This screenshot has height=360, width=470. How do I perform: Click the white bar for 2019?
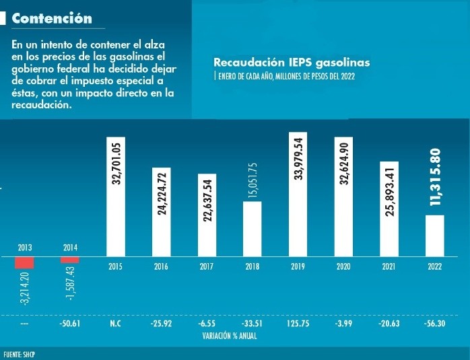pos(298,194)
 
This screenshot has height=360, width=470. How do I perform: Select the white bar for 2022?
pos(434,236)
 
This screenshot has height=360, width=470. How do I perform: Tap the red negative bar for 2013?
pos(25,263)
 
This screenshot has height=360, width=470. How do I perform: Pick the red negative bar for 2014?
pos(70,260)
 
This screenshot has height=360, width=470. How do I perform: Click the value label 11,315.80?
pos(435,177)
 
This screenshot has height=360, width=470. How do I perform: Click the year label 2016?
pos(161,267)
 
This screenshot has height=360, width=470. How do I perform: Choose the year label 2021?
pos(389,267)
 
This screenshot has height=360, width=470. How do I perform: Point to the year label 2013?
pos(25,248)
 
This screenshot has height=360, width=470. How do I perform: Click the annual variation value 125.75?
pos(298,323)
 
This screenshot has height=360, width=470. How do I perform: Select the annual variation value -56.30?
pos(434,323)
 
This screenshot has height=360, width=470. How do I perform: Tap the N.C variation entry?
pos(115,323)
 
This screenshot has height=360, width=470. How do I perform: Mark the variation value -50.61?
pos(70,323)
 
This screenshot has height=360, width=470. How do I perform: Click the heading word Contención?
pos(52,18)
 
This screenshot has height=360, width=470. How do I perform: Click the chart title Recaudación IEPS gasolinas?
pos(291,63)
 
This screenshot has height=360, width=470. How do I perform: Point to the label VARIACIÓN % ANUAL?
pos(230,334)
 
